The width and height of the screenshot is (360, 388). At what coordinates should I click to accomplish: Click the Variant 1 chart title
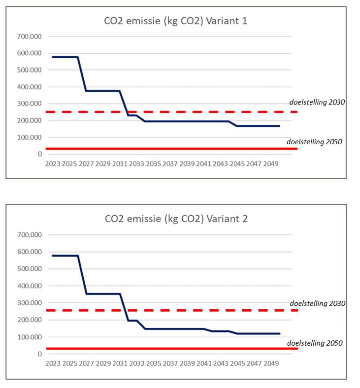click(x=176, y=21)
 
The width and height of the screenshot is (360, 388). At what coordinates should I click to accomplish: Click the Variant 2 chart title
click(x=176, y=219)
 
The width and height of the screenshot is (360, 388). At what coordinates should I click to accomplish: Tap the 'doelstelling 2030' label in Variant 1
click(x=317, y=102)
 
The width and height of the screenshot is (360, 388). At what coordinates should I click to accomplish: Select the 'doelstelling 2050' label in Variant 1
click(x=314, y=142)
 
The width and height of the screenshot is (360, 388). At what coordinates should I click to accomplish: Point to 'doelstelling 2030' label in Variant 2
click(x=317, y=303)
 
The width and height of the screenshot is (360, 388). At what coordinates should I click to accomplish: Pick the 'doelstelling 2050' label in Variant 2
click(x=314, y=343)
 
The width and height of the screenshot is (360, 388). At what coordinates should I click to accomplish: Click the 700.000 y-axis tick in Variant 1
click(x=30, y=36)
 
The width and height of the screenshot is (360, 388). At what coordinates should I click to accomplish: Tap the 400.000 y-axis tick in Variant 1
click(x=30, y=87)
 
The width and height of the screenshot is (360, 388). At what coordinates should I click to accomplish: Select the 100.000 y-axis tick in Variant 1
click(x=30, y=137)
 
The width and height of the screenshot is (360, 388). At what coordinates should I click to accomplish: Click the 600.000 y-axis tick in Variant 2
click(x=30, y=252)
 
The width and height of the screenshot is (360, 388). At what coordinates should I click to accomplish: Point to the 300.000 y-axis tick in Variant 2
click(x=30, y=303)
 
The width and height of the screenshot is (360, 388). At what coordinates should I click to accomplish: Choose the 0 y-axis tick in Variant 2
click(x=39, y=354)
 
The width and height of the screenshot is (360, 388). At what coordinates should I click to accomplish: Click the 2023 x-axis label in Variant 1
click(x=53, y=163)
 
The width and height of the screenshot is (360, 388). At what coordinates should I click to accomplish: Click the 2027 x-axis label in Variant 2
click(x=86, y=364)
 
